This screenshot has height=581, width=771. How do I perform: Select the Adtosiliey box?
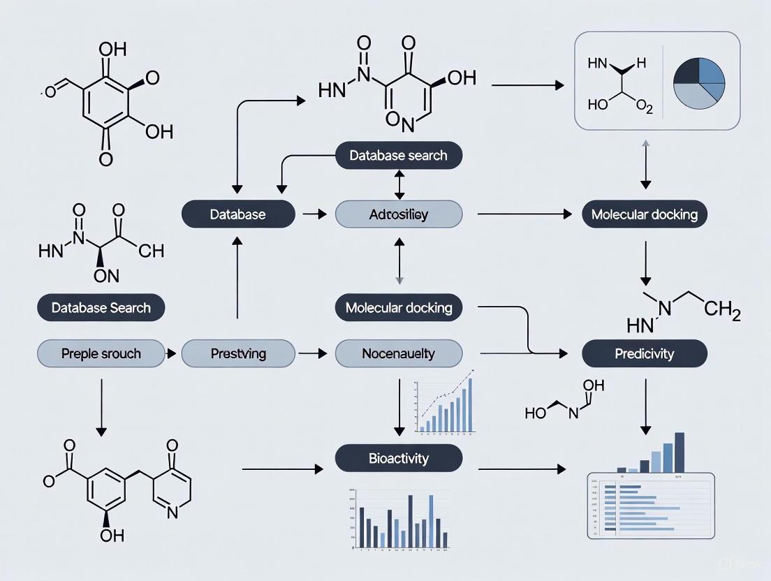pos(399,214)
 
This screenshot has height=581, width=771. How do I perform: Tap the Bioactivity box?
pos(399,459)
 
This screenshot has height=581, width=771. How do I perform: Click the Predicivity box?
pos(644,354)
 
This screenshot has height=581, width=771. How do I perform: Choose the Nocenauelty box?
pos(399,354)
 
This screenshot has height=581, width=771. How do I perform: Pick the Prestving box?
pos(238,354)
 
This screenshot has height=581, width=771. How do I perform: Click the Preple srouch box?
pos(101,354)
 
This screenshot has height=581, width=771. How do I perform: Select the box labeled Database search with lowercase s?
pos(399,155)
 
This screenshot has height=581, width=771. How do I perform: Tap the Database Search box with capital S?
pos(101,307)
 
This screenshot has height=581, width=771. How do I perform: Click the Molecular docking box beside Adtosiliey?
pos(644,214)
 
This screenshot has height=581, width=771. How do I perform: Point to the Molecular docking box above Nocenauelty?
pos(399,307)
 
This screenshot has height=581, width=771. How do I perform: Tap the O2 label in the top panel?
pos(644,107)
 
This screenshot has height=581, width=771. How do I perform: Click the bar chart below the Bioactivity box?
pos(399,520)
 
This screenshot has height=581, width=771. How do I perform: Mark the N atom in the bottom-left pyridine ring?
pos(172,512)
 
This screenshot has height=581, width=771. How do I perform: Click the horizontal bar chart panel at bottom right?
pos(649,506)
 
